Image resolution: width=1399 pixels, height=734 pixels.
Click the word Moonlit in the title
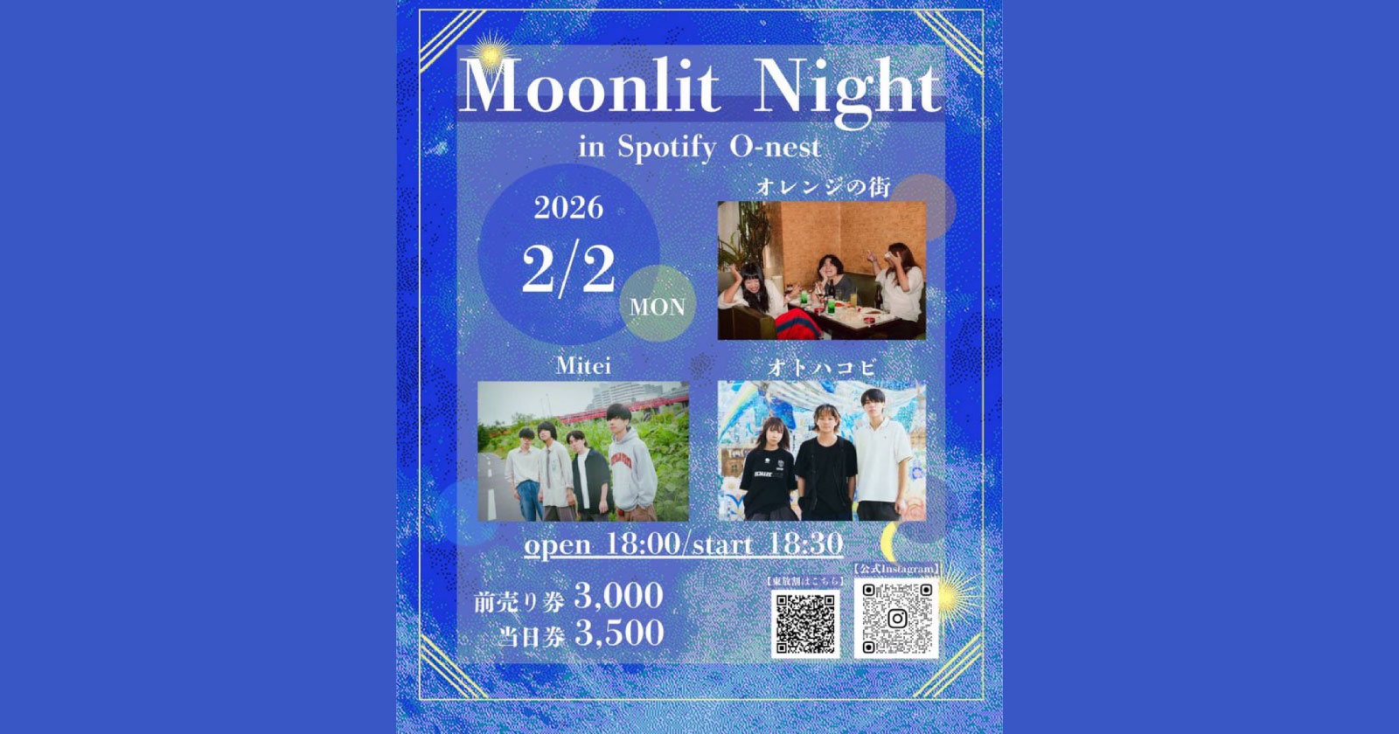[x=590, y=87]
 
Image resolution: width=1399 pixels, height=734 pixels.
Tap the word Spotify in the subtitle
[x=667, y=147]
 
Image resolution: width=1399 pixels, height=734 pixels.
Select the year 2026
[x=569, y=207]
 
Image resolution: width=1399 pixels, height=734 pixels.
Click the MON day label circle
[x=658, y=308]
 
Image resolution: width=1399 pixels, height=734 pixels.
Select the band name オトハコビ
[x=821, y=369]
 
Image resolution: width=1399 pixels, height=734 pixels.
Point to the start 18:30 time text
[x=769, y=544]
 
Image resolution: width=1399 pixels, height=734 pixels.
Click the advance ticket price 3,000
[x=618, y=597]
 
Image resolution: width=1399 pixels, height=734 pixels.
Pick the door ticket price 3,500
[x=618, y=634]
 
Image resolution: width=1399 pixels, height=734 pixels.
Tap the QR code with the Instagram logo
[x=896, y=619]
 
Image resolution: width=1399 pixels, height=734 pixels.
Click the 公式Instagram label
[x=896, y=569]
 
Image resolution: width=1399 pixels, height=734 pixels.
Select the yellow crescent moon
[x=892, y=543]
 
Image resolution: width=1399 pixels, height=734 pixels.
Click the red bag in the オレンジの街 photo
[x=796, y=324]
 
